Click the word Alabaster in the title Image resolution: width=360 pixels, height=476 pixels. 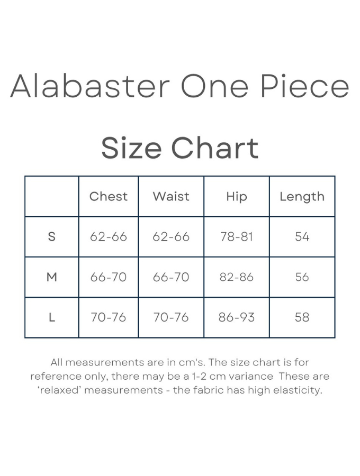coord(89,86)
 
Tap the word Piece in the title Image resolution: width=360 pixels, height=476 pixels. coord(305,86)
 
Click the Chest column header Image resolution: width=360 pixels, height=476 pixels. coord(109,196)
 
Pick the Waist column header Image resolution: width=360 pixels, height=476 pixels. coord(171,196)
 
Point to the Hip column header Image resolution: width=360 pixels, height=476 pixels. coord(237,196)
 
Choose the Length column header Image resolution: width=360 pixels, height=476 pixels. coord(302,196)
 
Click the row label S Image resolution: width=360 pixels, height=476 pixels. coord(52,236)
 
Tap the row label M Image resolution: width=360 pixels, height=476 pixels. coord(52,277)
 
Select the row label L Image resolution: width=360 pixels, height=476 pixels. coord(52,317)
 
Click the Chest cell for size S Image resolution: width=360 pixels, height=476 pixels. coord(109,236)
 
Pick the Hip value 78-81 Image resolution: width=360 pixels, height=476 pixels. coord(237,236)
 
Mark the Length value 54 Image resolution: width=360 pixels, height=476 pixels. coord(302,236)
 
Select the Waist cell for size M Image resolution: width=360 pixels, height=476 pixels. coord(171,277)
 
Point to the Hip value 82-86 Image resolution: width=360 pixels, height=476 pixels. coord(237,277)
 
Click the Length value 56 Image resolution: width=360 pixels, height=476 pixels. coord(302,277)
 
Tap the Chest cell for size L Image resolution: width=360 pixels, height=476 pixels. coord(109,317)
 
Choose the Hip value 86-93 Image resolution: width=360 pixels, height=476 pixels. coord(237,317)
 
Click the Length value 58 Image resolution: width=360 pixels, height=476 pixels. coord(302,317)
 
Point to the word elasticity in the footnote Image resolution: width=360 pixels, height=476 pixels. coord(297,390)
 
